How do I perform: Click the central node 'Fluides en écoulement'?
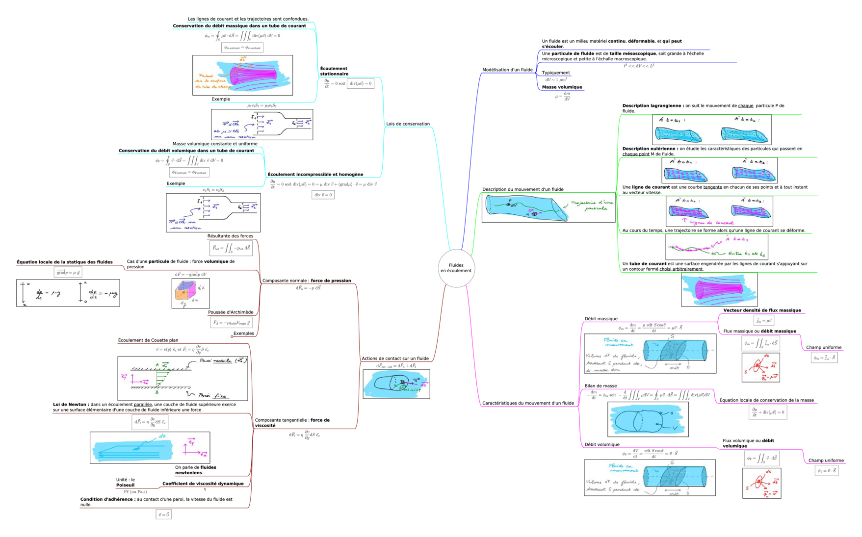(456, 268)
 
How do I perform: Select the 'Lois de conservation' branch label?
(408, 124)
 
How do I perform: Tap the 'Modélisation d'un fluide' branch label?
(507, 70)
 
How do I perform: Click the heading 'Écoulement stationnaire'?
(334, 71)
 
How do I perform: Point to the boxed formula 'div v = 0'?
(323, 195)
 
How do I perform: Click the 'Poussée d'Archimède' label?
(231, 312)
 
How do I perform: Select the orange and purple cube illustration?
(187, 293)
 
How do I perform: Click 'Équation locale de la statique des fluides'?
(65, 262)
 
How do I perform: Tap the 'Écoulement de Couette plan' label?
(148, 340)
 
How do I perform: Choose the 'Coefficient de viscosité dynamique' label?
(203, 484)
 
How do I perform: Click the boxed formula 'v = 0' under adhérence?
(163, 514)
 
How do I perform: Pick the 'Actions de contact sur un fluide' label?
(395, 358)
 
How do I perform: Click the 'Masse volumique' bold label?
(562, 87)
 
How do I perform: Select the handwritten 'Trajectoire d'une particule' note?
(592, 205)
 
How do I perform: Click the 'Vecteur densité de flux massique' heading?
(762, 310)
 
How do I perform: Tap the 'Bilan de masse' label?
(601, 386)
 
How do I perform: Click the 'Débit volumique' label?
(601, 445)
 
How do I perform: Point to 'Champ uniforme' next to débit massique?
(823, 348)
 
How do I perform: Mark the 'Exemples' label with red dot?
(243, 333)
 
